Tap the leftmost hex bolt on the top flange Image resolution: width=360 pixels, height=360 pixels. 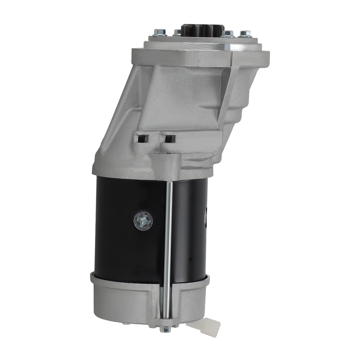[160, 33]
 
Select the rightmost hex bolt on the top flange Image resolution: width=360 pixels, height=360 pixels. [246, 34]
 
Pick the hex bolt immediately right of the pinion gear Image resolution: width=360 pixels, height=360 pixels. [228, 34]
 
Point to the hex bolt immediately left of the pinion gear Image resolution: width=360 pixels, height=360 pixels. [177, 33]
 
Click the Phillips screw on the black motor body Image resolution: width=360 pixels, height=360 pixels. [143, 220]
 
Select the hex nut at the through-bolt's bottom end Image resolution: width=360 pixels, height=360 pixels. [166, 329]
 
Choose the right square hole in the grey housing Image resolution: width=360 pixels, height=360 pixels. [168, 138]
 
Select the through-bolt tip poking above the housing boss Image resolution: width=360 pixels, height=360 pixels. [169, 153]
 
